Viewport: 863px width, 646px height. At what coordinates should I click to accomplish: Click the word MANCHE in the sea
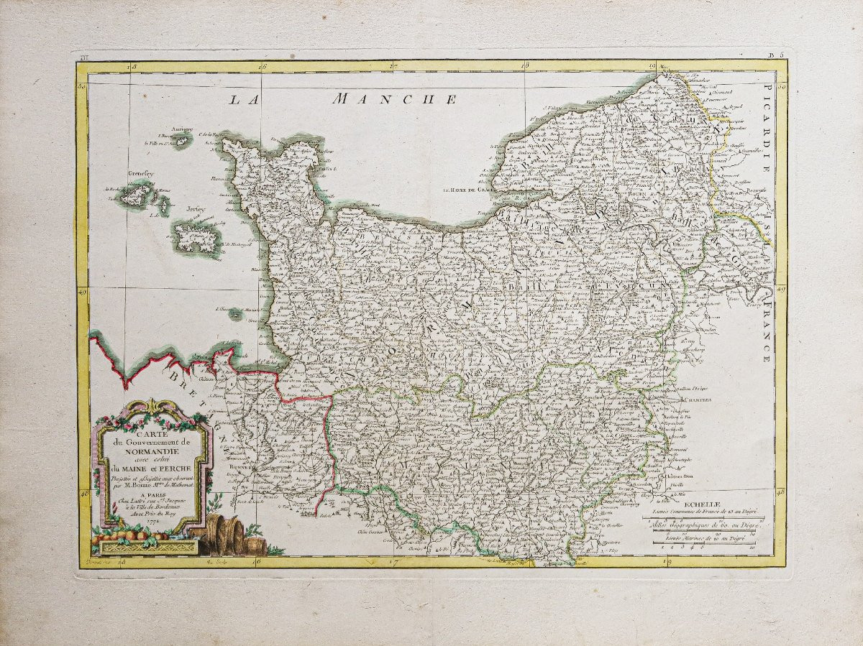[393, 99]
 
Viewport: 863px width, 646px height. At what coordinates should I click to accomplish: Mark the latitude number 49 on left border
[83, 292]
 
